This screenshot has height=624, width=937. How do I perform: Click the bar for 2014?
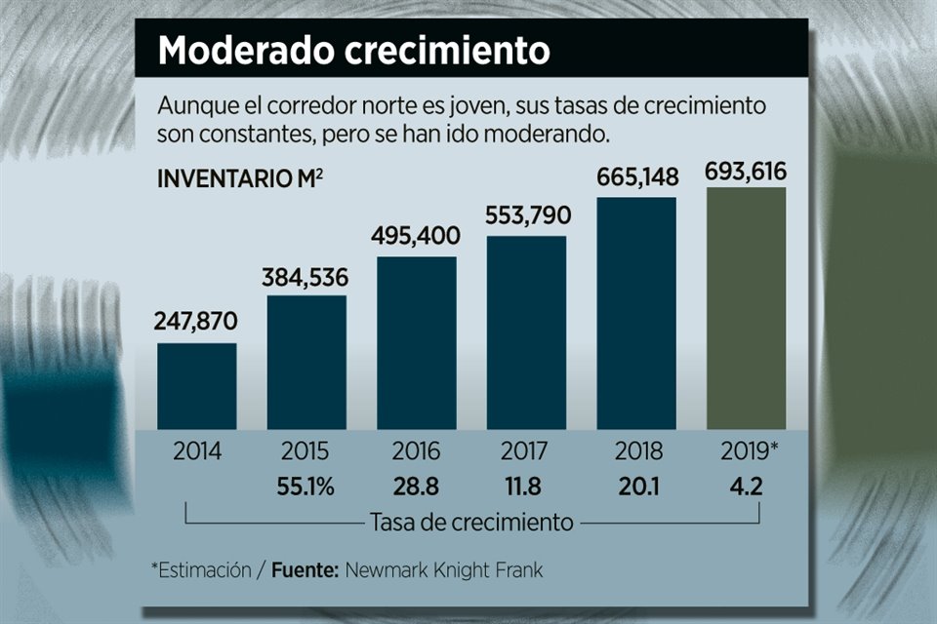pyautogui.click(x=196, y=385)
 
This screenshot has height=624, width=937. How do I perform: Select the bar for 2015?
pyautogui.click(x=306, y=362)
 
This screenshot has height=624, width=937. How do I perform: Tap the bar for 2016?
pyautogui.click(x=417, y=342)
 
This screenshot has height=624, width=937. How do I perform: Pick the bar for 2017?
pyautogui.click(x=526, y=331)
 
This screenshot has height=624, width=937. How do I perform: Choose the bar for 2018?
pyautogui.click(x=636, y=313)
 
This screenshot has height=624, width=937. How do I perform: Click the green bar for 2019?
pyautogui.click(x=746, y=308)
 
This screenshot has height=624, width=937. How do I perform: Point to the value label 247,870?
pyautogui.click(x=196, y=321)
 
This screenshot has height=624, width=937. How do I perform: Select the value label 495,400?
pyautogui.click(x=416, y=235)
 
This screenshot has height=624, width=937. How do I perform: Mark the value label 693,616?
pyautogui.click(x=747, y=173)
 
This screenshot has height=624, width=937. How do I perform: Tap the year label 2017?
pyautogui.click(x=526, y=452)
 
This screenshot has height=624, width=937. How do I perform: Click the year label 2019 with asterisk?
pyautogui.click(x=750, y=452)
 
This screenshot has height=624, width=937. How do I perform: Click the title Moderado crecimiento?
pyautogui.click(x=353, y=50)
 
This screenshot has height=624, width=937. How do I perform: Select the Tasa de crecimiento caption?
pyautogui.click(x=471, y=522)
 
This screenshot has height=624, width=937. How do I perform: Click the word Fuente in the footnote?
pyautogui.click(x=304, y=569)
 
